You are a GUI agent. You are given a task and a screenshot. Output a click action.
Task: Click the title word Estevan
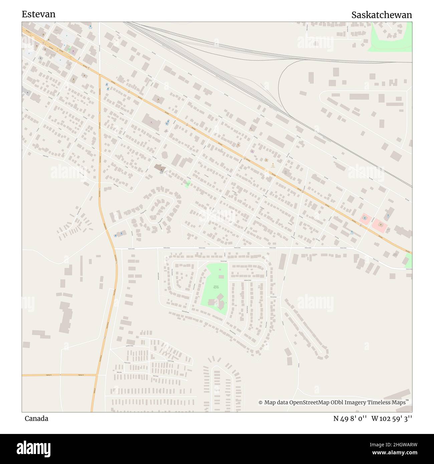(x=38, y=14)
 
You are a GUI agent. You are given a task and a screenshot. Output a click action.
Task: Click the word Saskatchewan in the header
(x=381, y=15)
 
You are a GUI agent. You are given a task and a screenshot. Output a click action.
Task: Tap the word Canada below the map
(x=36, y=418)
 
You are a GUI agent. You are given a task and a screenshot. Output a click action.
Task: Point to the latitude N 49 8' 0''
(x=350, y=418)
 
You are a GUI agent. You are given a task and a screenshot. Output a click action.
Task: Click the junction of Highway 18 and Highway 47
(x=97, y=375)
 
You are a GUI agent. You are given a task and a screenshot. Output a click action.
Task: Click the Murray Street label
(x=273, y=297)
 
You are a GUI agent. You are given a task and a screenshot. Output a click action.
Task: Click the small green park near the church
(x=188, y=184)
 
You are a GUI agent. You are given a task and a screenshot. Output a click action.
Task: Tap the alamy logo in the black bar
(x=33, y=449)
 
